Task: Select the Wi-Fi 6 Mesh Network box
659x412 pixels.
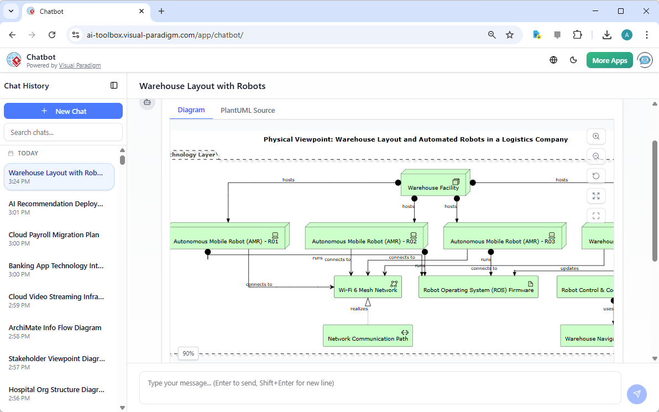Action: (368, 287)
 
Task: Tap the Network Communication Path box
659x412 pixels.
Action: (368, 336)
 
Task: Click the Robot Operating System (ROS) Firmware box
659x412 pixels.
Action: (478, 287)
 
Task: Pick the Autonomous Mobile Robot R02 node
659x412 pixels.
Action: (365, 237)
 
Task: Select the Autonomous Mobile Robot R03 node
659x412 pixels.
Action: (503, 237)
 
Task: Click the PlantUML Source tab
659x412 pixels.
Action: (248, 111)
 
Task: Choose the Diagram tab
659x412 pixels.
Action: (191, 110)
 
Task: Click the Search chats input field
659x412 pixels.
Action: (63, 132)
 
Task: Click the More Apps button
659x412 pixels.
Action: (609, 60)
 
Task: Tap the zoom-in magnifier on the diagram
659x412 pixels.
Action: (596, 137)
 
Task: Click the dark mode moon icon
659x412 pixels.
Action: (573, 60)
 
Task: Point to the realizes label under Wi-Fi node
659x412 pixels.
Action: (359, 309)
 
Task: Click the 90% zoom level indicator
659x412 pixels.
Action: (189, 353)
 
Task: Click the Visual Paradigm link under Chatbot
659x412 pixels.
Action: (80, 65)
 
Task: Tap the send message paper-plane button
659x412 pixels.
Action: (636, 394)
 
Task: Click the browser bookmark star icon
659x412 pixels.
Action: (510, 35)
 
